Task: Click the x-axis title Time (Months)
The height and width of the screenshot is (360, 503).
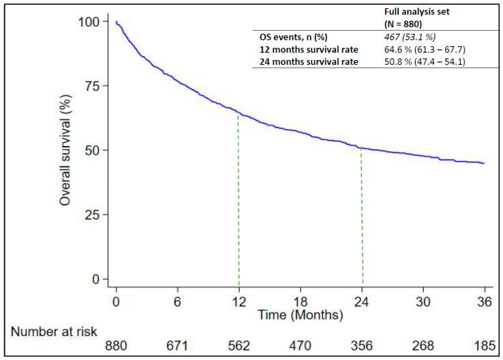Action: tap(300, 316)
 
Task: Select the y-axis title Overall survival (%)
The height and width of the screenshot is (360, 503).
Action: tap(65, 151)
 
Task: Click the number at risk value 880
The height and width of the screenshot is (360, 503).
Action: tap(117, 345)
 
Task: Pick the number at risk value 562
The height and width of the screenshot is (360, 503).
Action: tap(239, 345)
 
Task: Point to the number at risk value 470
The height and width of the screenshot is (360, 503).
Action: tap(301, 345)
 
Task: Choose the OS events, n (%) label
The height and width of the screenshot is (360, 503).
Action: tap(292, 37)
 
